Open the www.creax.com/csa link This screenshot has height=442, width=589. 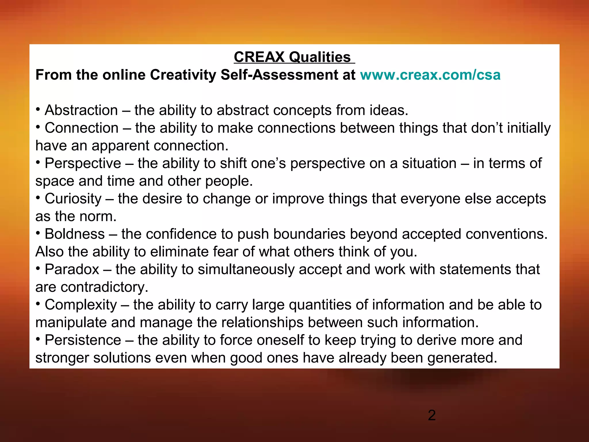coord(430,75)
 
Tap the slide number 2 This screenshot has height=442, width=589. coord(432,416)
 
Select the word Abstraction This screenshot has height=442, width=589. coord(81,110)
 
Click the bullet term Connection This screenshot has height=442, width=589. coord(82,128)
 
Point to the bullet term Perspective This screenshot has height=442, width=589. coord(83,163)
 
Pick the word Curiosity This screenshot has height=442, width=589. coord(73,199)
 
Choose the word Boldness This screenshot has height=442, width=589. coord(75,234)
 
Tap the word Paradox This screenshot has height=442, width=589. coord(72,270)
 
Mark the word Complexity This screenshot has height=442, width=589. coord(81,305)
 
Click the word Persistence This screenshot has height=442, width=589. coord(83,340)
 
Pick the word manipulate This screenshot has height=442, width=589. coord(71,323)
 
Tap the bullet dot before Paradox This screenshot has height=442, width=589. coord(38,269)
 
